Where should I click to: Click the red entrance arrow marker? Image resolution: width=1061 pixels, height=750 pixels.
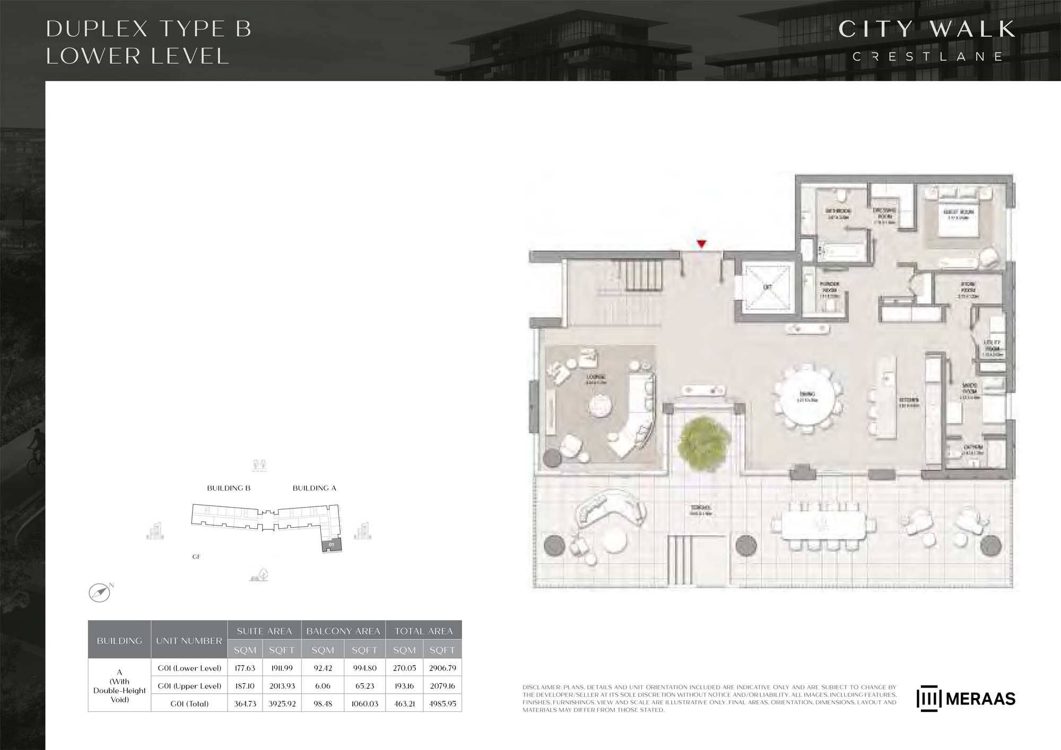tap(701, 244)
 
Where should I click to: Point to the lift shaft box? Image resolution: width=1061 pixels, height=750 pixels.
tap(767, 287)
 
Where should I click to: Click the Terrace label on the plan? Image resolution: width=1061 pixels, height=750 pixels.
tap(701, 510)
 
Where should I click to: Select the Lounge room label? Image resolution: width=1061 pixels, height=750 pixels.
tap(596, 379)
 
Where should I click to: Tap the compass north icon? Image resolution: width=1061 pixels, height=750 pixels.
tap(99, 592)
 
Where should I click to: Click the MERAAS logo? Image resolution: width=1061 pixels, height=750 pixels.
tap(966, 699)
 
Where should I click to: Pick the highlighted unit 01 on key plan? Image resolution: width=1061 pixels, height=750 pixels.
tap(332, 545)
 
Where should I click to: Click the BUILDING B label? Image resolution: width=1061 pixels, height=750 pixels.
tap(229, 488)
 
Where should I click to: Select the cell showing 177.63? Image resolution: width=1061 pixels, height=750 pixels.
tap(245, 668)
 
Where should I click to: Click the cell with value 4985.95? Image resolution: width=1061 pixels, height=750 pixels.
tap(442, 704)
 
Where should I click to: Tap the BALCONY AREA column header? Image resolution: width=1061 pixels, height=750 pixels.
tap(343, 631)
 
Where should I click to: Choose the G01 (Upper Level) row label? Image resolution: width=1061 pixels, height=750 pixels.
tap(189, 686)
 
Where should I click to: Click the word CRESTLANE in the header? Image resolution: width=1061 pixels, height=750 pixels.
tap(927, 57)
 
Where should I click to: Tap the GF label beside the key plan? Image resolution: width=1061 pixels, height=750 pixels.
tap(196, 557)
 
